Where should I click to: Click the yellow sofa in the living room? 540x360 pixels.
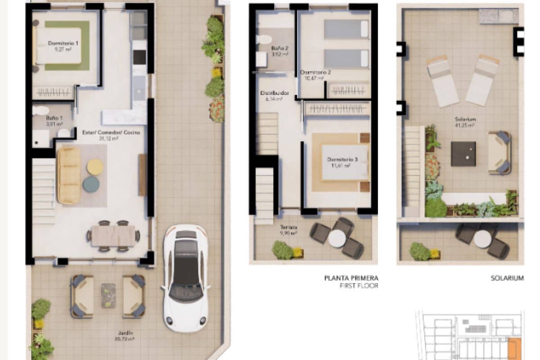[69, 175]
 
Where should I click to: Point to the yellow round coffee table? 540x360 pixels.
[95, 167]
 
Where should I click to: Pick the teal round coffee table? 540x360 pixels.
[91, 184]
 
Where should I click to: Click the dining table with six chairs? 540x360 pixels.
[113, 236]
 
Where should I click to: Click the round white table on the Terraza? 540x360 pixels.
[337, 238]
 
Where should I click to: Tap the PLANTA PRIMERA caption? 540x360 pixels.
[351, 278]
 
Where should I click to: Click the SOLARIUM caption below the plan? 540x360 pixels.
[507, 278]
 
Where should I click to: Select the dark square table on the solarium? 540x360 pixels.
[463, 153]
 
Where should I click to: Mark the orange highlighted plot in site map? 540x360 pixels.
[514, 349]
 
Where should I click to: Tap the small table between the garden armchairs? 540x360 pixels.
[108, 295]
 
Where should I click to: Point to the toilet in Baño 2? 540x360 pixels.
[264, 40]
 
